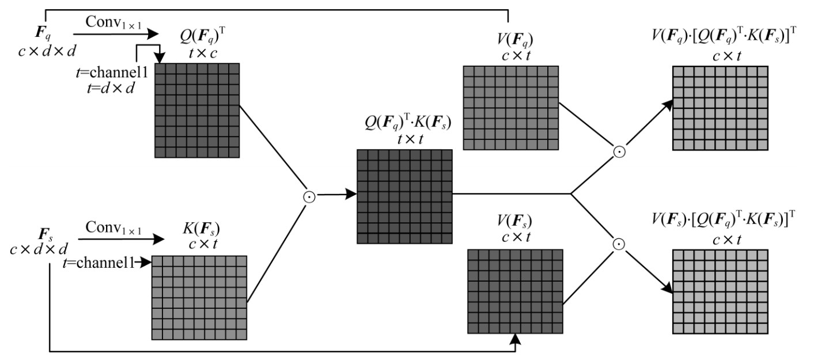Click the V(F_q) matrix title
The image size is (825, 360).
tap(511, 40)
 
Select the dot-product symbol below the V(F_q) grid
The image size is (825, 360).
tap(619, 152)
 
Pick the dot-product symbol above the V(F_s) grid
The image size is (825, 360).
tap(619, 244)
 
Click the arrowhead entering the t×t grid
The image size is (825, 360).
tap(350, 195)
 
